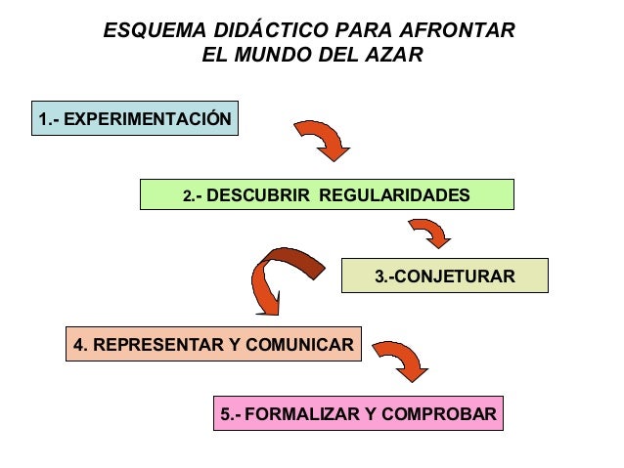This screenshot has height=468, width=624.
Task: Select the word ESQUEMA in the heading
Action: (149, 31)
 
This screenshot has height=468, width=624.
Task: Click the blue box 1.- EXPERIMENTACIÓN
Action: (135, 119)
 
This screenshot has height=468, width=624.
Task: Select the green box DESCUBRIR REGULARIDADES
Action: (327, 194)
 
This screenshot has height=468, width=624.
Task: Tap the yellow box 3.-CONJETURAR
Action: (444, 277)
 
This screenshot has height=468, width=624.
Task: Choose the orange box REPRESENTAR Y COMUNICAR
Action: (213, 345)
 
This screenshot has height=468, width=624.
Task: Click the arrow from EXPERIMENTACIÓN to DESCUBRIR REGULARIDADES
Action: (323, 141)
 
